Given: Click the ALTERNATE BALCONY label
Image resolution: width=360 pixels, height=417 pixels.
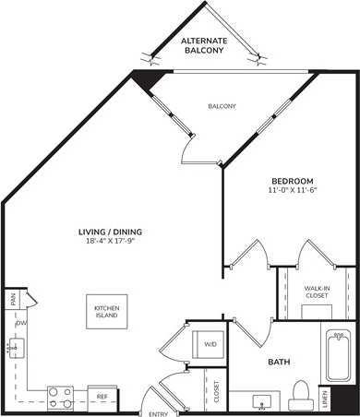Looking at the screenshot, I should point(204,46).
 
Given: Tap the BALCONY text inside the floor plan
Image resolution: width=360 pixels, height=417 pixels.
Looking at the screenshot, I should point(221,106).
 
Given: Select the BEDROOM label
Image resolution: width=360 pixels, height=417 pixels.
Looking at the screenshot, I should point(292,180).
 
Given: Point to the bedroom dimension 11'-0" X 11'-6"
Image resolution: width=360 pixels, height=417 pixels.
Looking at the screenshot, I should point(292,190).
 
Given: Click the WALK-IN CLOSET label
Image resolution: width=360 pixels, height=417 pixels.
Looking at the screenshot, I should point(318,292).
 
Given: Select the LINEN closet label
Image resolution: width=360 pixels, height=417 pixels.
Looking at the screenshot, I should point(350,398).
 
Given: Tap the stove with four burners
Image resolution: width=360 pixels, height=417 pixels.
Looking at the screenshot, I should point(61,397).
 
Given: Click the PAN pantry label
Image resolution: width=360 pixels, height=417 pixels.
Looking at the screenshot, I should point(12,299).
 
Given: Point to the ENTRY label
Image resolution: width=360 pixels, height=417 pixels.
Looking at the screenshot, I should point(158,412).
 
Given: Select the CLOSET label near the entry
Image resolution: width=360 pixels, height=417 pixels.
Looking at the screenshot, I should point(216,392).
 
